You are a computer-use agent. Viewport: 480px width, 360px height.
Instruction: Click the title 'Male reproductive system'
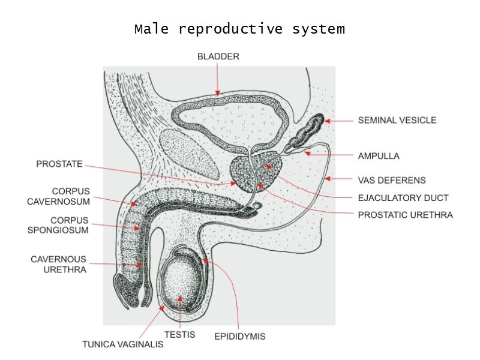click(239, 29)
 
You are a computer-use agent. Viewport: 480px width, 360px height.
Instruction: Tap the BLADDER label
click(218, 57)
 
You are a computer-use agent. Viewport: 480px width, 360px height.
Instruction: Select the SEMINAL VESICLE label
click(397, 120)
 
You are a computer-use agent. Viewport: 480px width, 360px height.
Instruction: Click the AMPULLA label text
click(379, 156)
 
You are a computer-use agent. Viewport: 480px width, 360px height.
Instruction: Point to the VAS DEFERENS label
click(392, 180)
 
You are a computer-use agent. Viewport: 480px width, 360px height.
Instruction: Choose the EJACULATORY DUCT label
click(403, 197)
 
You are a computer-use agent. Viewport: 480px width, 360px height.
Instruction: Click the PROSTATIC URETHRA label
click(405, 214)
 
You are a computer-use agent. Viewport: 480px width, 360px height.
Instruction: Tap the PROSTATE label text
click(59, 163)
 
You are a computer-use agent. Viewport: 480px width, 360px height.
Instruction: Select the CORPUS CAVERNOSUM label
click(58, 196)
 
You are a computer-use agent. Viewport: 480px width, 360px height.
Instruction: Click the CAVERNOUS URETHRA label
click(59, 265)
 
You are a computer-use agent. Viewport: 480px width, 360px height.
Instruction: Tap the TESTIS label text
click(179, 334)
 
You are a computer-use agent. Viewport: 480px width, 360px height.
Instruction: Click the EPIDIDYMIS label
click(239, 337)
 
